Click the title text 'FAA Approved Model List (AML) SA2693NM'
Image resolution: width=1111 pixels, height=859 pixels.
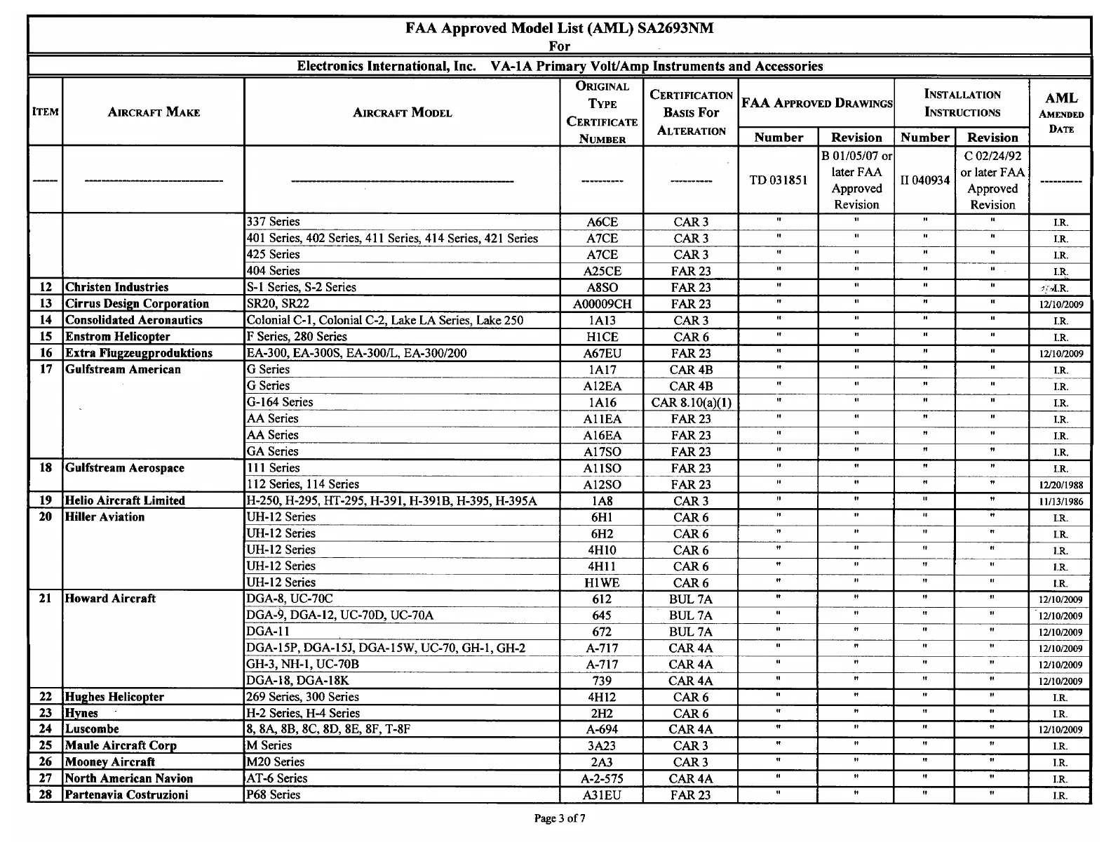point(559,28)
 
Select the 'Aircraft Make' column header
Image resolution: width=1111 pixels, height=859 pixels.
point(154,112)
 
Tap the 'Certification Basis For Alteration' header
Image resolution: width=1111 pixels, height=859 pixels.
point(691,112)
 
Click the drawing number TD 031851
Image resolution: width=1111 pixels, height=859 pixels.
point(779,180)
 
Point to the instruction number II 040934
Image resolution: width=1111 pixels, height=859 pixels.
point(924,180)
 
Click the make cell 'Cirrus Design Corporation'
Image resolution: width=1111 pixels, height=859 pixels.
point(137,304)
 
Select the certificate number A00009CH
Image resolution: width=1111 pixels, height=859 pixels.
point(602,304)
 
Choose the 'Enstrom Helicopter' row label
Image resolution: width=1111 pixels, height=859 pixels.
point(117,337)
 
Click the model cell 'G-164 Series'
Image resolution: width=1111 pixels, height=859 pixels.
point(280,402)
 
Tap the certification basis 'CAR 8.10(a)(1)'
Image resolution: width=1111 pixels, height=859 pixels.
point(691,403)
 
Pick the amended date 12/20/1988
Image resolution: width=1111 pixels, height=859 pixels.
point(1060,485)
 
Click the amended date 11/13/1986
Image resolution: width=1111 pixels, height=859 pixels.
point(1060,502)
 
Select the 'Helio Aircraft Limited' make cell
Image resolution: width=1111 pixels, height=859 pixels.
point(125,501)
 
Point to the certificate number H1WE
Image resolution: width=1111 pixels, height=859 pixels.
point(602,583)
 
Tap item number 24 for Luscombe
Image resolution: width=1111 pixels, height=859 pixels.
point(46,729)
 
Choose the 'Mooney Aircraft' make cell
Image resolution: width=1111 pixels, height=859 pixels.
point(110,762)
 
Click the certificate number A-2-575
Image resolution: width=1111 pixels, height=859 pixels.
point(602,779)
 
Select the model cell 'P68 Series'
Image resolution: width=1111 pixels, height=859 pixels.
point(274,795)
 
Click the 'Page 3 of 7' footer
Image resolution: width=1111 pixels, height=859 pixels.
point(559,818)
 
